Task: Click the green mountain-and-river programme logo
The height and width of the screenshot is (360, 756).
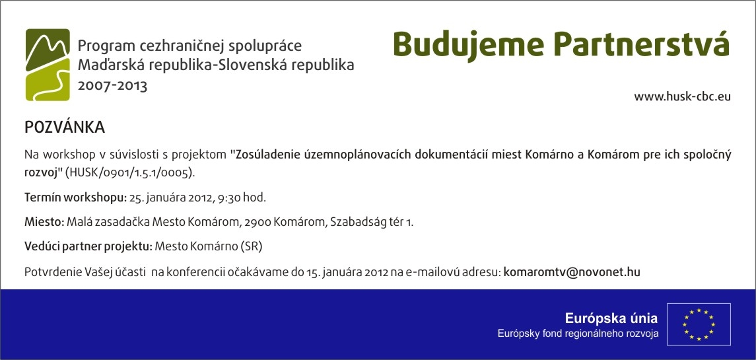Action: click(x=48, y=65)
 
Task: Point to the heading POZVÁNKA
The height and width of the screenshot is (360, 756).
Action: click(x=65, y=127)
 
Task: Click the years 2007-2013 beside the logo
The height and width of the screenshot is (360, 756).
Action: click(x=112, y=86)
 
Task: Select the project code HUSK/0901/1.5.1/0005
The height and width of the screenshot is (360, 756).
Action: click(x=131, y=173)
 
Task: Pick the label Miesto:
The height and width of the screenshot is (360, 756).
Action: click(x=44, y=223)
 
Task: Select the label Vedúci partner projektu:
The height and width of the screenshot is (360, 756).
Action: click(x=88, y=247)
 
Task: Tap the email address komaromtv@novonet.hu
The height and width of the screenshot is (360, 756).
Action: click(x=572, y=271)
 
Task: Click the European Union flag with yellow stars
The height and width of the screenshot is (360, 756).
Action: click(x=699, y=324)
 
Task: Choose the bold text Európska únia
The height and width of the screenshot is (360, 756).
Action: click(x=611, y=318)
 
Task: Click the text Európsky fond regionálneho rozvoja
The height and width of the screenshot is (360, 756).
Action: click(x=578, y=334)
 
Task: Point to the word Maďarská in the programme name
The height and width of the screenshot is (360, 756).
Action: click(x=110, y=65)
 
